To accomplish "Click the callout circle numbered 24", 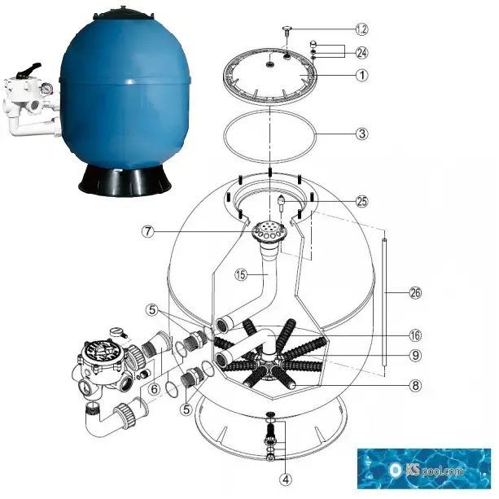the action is click(362, 53).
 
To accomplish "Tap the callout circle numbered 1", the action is click(362, 76).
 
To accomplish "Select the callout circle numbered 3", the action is click(362, 134).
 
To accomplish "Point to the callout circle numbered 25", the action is click(362, 201).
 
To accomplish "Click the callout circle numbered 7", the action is click(148, 231).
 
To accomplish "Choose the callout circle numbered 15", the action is click(241, 274).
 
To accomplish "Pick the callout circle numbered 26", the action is click(415, 292).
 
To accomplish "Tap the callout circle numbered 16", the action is click(415, 335).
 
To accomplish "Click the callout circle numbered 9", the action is click(415, 355).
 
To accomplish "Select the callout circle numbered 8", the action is click(415, 386).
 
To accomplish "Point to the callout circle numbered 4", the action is click(286, 479).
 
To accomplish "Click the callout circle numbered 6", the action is click(154, 389).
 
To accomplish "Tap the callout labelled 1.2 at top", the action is click(362, 29).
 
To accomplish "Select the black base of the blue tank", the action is click(125, 181).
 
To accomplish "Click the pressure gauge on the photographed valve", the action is click(46, 89).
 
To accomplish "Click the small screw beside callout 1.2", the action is click(287, 31).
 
